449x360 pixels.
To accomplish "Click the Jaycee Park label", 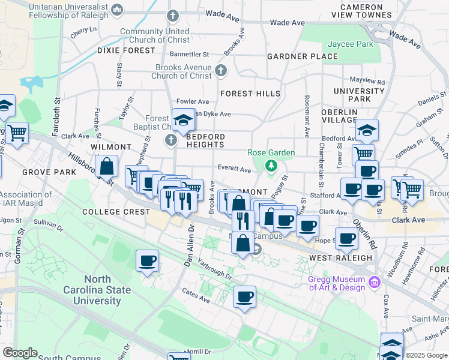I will coord(351,44).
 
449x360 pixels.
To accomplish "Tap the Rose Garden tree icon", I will coord(271,165).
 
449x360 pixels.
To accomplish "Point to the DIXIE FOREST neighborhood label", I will coord(126,51).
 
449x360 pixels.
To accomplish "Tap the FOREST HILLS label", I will coord(250,94).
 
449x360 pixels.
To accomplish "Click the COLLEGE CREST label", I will coord(116,212).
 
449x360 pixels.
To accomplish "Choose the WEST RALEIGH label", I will coord(340,257).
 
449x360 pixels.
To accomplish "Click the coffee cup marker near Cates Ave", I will coord(244,297).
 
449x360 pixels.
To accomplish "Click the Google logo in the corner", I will coord(20,353).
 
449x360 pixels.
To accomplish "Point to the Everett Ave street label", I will coord(234,170).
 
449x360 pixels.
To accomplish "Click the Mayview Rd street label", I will coord(367,80).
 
